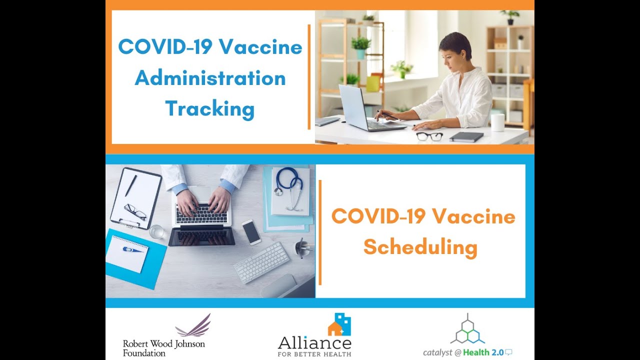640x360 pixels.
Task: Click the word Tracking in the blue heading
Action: (210, 109)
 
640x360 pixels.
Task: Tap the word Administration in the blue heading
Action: (210, 78)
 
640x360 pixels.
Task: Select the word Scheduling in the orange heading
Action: (420, 247)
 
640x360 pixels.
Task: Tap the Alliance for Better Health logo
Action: (314, 335)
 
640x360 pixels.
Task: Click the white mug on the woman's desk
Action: (497, 122)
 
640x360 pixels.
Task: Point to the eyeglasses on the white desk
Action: (429, 136)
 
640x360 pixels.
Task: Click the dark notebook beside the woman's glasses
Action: (466, 136)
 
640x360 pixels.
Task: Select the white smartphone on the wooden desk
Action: (251, 232)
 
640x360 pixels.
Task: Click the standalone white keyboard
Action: (261, 262)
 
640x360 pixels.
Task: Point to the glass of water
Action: (156, 232)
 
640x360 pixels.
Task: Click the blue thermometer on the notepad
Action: (132, 249)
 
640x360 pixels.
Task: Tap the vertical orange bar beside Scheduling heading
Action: (320, 232)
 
